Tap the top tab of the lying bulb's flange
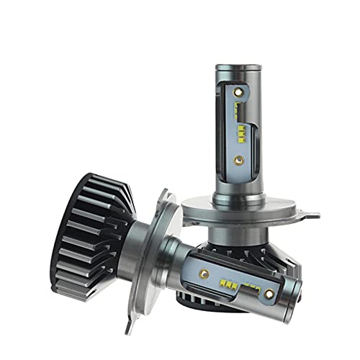163,194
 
